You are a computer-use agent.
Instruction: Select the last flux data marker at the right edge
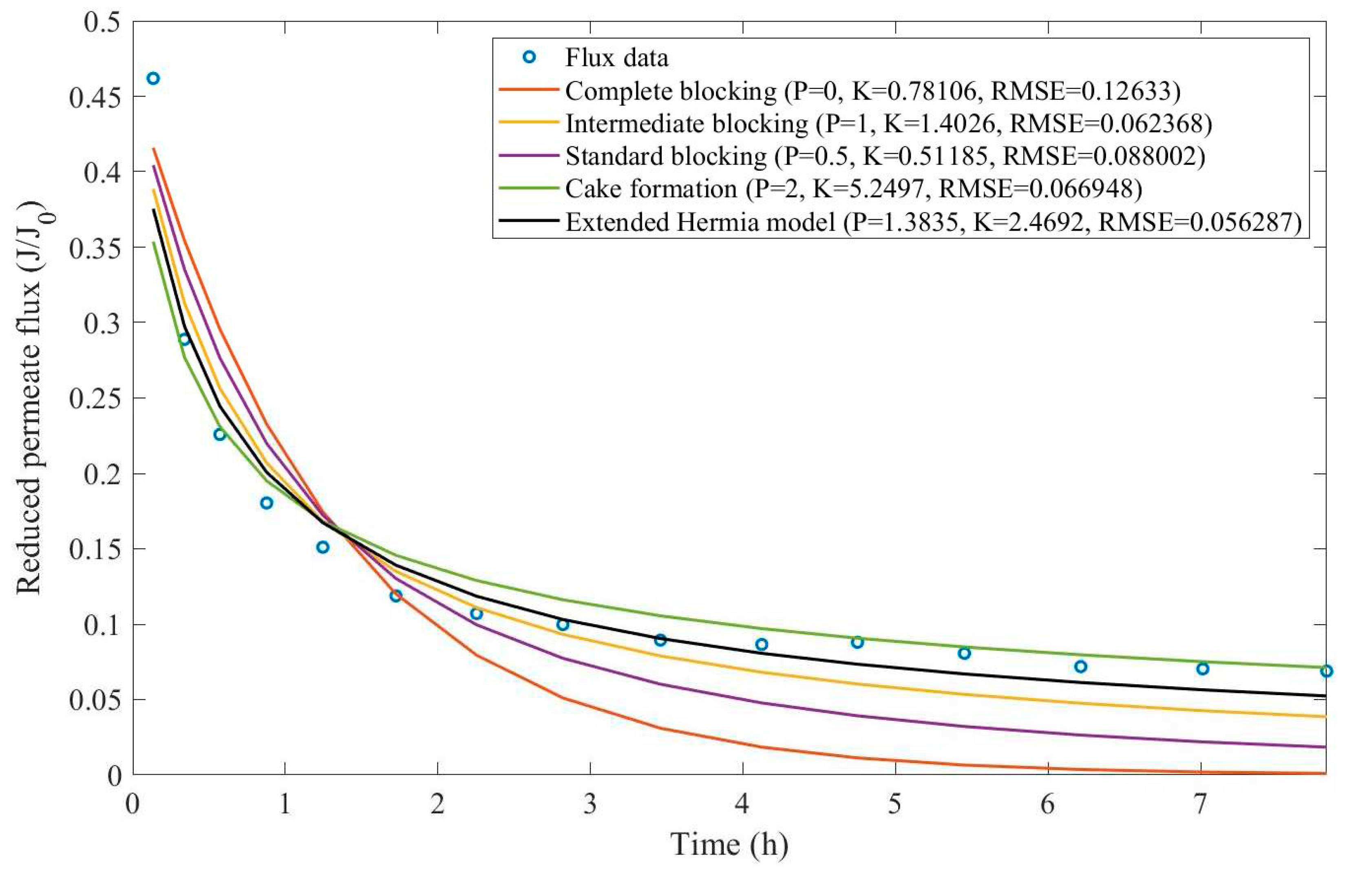(x=1326, y=671)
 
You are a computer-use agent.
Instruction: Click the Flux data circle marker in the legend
(x=529, y=57)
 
